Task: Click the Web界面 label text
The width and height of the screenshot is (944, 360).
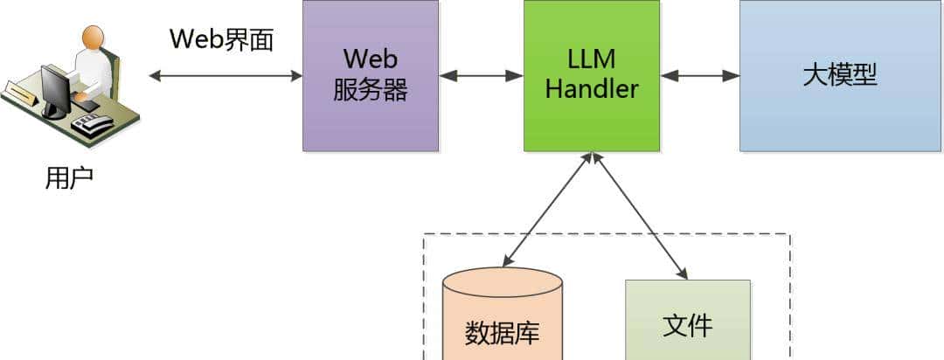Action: (x=221, y=39)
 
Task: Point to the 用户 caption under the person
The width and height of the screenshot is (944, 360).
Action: (x=69, y=178)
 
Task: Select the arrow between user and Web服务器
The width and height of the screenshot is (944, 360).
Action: (x=226, y=76)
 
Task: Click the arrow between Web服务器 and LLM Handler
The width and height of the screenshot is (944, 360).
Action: (x=481, y=76)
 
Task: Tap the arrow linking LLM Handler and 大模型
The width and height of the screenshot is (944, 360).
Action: (x=699, y=76)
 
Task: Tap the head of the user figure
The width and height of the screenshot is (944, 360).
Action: (x=93, y=37)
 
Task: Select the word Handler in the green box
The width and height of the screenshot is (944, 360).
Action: (x=592, y=88)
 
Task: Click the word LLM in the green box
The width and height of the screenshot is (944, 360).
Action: (x=592, y=59)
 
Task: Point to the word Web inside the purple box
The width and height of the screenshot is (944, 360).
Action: (x=371, y=59)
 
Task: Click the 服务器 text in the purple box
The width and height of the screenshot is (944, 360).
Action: (x=371, y=89)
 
